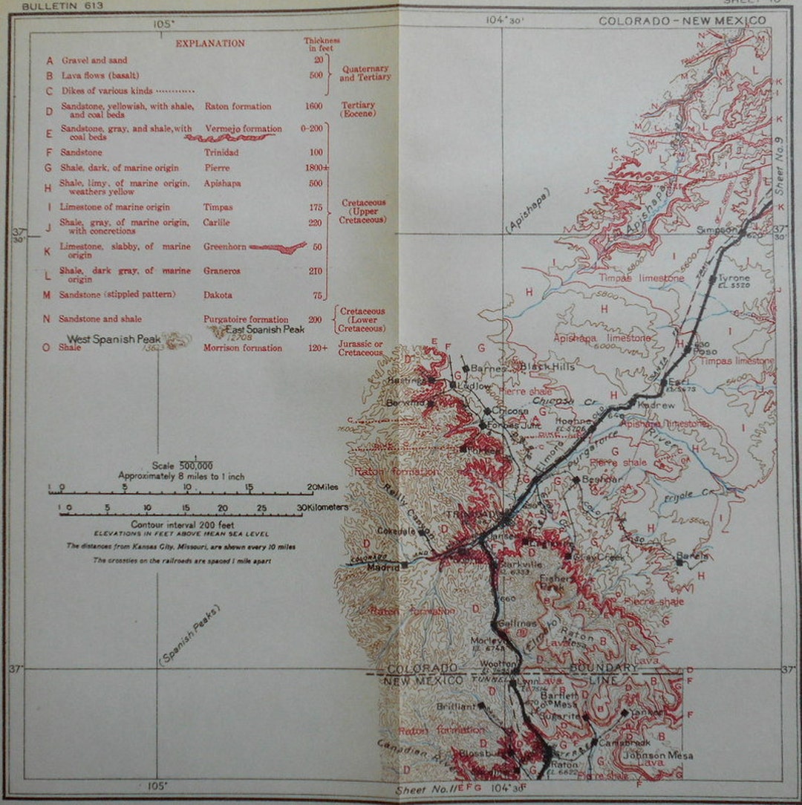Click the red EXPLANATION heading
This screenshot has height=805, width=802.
210,43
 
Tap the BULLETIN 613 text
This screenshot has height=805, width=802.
62,6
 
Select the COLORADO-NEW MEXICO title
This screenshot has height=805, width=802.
682,21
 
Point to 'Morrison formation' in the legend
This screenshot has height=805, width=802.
243,348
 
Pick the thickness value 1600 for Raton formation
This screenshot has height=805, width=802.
313,106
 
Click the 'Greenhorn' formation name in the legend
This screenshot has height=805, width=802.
223,247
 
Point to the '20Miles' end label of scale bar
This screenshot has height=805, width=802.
324,487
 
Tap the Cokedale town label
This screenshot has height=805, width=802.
397,531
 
